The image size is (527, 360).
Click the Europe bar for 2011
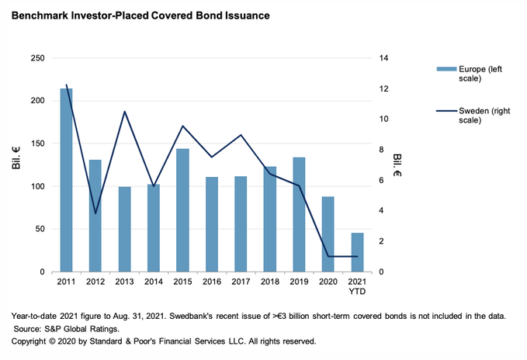pyautogui.click(x=66, y=180)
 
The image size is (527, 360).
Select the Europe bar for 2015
pyautogui.click(x=183, y=210)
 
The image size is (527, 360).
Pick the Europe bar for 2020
pyautogui.click(x=328, y=234)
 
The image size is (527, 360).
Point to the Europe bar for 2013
pyautogui.click(x=125, y=229)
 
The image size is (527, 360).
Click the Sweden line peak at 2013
pyautogui.click(x=125, y=112)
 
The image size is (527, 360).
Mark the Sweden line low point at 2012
pyautogui.click(x=95, y=213)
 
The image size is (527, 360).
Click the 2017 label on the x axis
pyautogui.click(x=241, y=281)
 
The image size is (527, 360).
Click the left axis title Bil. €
pyautogui.click(x=15, y=165)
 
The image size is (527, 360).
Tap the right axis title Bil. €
pyautogui.click(x=397, y=165)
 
